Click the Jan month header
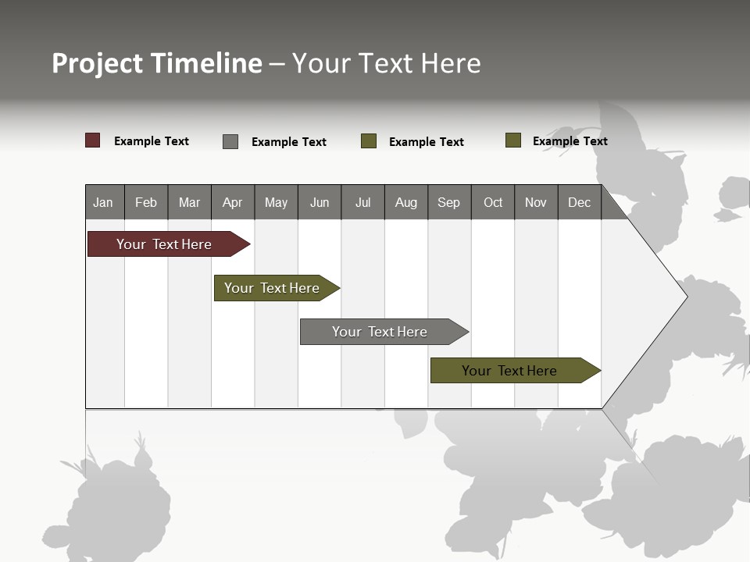104,202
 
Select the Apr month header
232,202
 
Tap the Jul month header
362,202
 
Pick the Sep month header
448,202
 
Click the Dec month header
579,202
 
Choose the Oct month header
492,202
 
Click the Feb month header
146,202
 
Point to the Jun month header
319,202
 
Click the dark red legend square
92,140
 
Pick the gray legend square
230,141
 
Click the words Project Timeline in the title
156,63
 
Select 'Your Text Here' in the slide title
386,63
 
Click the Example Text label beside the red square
152,141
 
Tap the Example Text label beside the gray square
289,142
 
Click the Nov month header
535,202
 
